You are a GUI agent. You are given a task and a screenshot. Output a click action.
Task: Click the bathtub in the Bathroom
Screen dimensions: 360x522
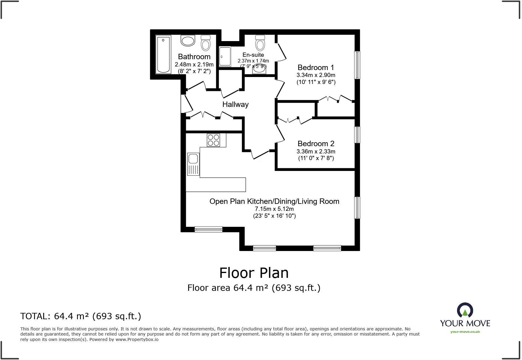(x=163, y=54)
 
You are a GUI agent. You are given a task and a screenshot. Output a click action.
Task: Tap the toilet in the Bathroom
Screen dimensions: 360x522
(x=206, y=43)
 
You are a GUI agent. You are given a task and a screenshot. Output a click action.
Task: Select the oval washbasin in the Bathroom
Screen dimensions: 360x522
(x=188, y=41)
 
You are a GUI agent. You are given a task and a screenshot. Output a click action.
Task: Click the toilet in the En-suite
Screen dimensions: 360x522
(x=260, y=43)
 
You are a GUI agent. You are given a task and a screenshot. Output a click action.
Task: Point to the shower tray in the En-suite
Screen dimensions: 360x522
(x=225, y=56)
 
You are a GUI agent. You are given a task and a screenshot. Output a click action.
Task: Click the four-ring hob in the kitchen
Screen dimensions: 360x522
(x=214, y=140)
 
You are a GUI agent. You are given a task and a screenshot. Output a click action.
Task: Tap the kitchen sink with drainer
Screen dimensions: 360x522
(x=193, y=164)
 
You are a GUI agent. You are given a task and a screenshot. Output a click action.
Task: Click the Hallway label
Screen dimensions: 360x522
(x=235, y=104)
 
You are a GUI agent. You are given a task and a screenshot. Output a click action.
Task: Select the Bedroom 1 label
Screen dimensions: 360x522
(x=316, y=67)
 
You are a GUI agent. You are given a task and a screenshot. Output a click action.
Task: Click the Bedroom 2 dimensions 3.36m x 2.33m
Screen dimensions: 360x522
(x=316, y=152)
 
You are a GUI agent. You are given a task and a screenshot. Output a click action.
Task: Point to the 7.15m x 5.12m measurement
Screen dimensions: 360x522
(x=274, y=209)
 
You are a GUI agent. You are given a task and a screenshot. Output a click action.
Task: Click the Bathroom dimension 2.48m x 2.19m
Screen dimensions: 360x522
(x=194, y=64)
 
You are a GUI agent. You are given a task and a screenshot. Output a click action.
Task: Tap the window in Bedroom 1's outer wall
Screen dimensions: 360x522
(x=357, y=65)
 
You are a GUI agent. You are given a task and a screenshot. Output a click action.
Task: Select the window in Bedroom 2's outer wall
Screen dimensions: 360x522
(x=357, y=135)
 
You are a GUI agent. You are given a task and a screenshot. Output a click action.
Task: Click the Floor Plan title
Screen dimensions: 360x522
(x=254, y=273)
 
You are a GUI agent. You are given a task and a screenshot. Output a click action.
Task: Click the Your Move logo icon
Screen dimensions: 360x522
(x=465, y=310)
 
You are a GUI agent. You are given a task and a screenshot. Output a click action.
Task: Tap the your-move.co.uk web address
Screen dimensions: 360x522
(x=465, y=332)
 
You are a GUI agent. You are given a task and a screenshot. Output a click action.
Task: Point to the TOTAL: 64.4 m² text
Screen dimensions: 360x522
(x=80, y=316)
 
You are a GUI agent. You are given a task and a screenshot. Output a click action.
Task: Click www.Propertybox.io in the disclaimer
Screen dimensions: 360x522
(x=137, y=339)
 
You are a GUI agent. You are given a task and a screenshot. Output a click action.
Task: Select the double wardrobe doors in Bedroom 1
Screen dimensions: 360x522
(x=336, y=99)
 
